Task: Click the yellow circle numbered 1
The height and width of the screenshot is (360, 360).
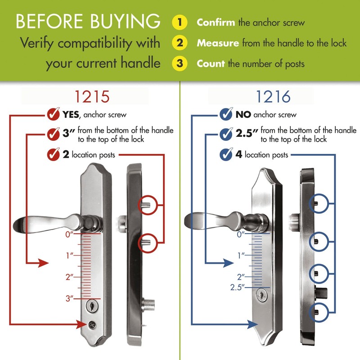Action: [x=180, y=22]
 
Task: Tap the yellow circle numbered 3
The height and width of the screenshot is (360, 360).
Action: [x=180, y=63]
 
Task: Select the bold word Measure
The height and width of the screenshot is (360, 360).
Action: [x=218, y=43]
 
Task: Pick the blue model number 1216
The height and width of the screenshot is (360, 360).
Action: [x=274, y=96]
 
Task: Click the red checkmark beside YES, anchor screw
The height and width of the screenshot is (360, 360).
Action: [x=54, y=114]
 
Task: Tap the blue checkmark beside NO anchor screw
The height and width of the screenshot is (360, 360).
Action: [x=226, y=114]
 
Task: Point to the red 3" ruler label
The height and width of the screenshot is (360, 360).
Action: [x=68, y=298]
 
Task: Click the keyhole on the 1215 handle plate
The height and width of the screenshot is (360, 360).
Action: [x=92, y=307]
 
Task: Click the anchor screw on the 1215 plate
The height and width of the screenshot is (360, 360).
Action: [x=92, y=324]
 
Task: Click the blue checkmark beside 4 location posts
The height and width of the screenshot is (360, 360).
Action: [x=226, y=155]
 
